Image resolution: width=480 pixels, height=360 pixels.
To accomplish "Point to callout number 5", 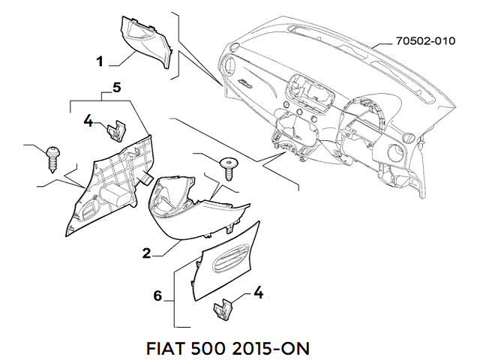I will click(116, 88).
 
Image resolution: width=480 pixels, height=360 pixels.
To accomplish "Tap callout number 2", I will click(147, 253).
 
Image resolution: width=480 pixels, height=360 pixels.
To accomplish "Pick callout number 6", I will click(158, 296).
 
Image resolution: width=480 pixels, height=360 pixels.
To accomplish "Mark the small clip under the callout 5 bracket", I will click(115, 131).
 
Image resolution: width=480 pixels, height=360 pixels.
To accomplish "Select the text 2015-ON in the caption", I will click(274, 349).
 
